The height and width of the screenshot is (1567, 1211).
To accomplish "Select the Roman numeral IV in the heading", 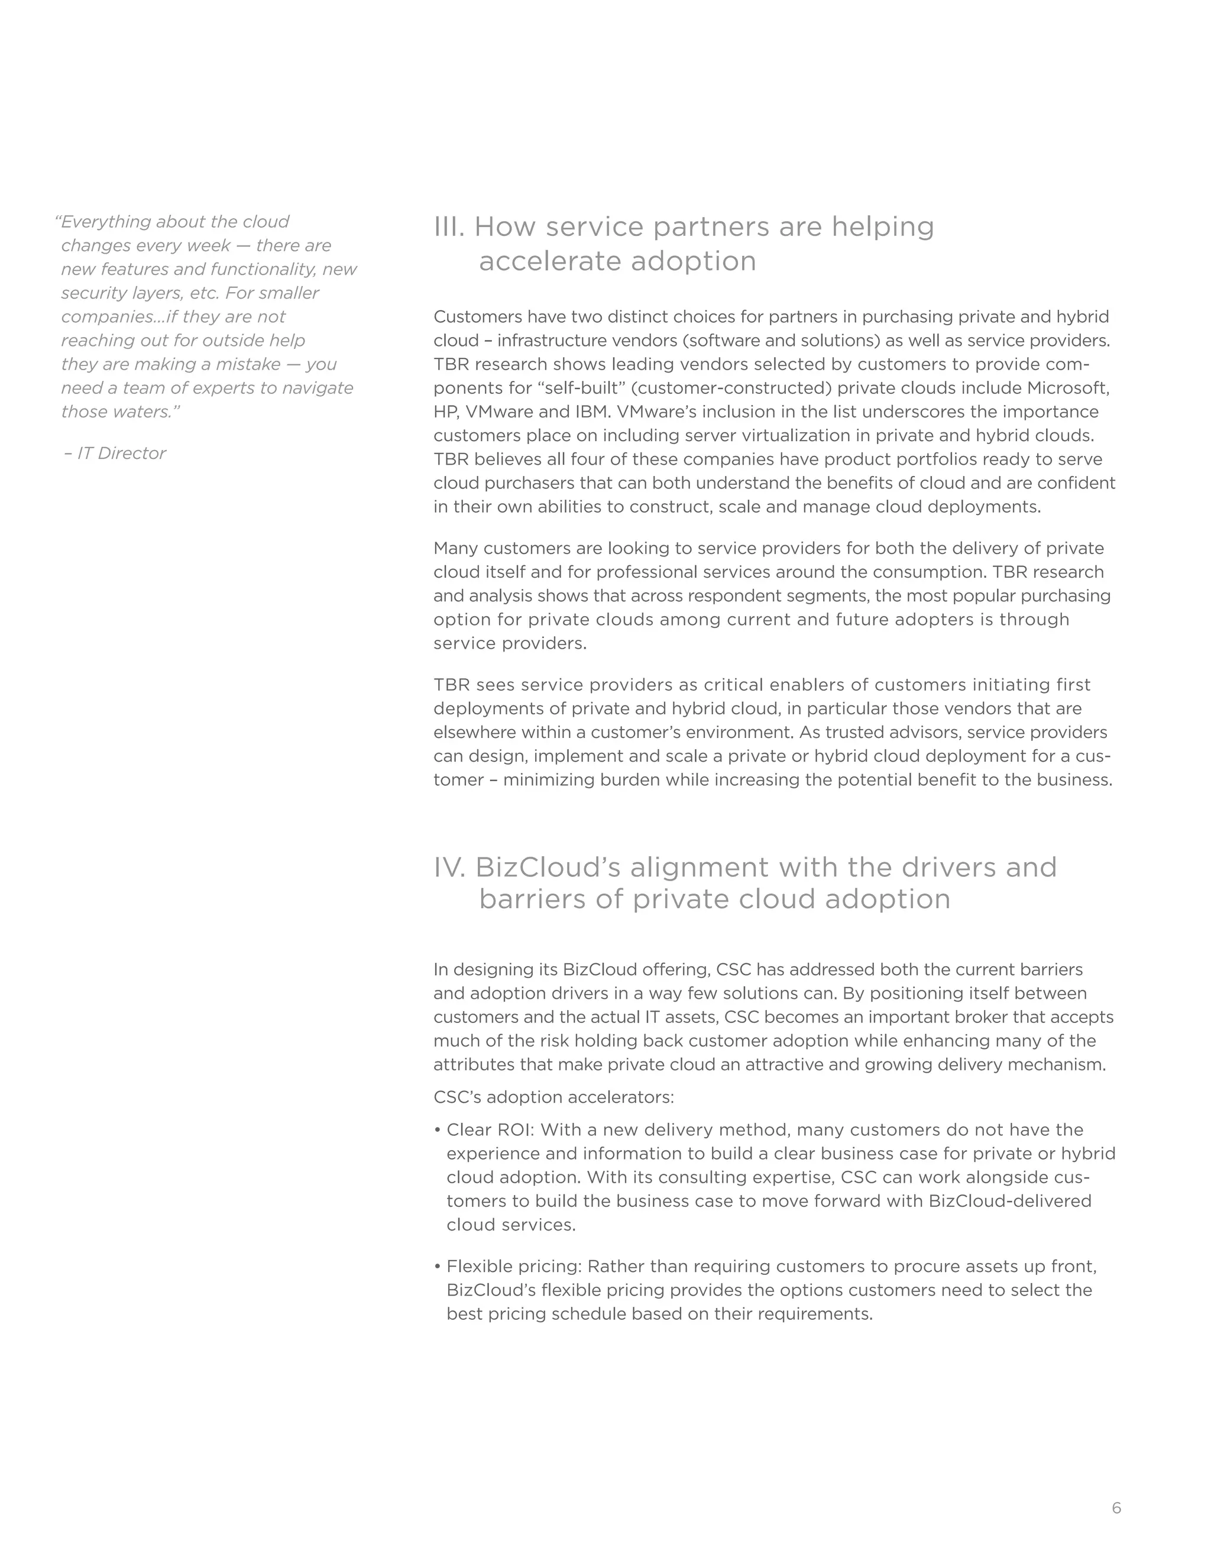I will [450, 867].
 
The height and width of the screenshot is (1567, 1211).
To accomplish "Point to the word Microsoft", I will [1068, 387].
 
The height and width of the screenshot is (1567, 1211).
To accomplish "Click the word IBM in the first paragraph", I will [590, 411].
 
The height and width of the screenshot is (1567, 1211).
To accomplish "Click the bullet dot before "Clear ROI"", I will [437, 1130].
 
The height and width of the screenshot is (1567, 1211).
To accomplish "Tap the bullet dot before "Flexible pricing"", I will [437, 1267].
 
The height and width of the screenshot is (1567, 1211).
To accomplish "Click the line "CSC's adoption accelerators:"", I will [554, 1097].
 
